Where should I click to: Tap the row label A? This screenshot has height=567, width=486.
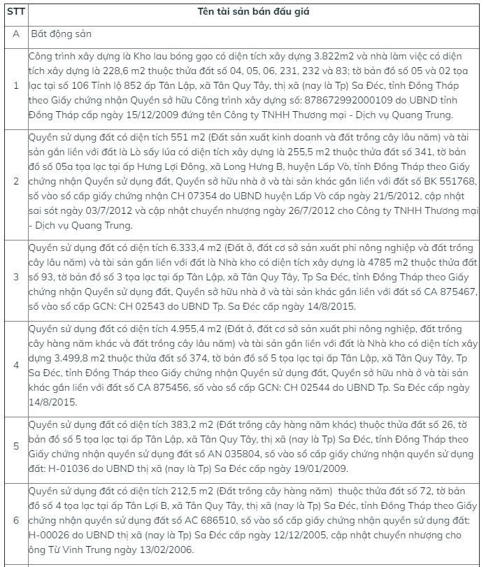pos(15,34)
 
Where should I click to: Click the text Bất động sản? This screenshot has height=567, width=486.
pos(61,34)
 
